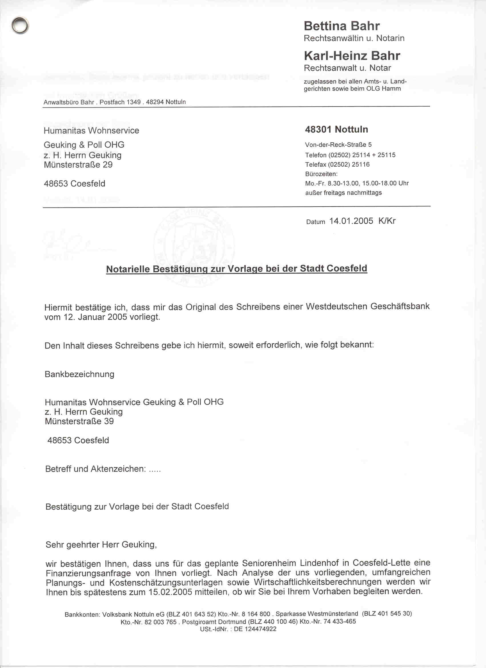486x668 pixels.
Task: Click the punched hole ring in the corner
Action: (20, 25)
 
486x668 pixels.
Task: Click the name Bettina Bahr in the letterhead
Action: (342, 26)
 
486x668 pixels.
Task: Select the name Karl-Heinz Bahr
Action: (352, 56)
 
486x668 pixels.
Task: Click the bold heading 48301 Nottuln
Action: (336, 129)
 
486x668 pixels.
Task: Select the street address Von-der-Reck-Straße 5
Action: (338, 145)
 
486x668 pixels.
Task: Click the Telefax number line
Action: (337, 164)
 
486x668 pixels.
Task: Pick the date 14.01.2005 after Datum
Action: (351, 221)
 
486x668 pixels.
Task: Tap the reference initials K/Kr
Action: (387, 221)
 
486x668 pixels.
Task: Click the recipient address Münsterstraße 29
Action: (78, 165)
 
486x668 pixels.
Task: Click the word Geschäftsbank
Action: (400, 306)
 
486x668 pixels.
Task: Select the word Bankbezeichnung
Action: (79, 374)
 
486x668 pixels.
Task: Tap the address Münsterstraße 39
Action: (79, 421)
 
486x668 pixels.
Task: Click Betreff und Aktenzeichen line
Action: (103, 469)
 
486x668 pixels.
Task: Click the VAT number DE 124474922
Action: (255, 629)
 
